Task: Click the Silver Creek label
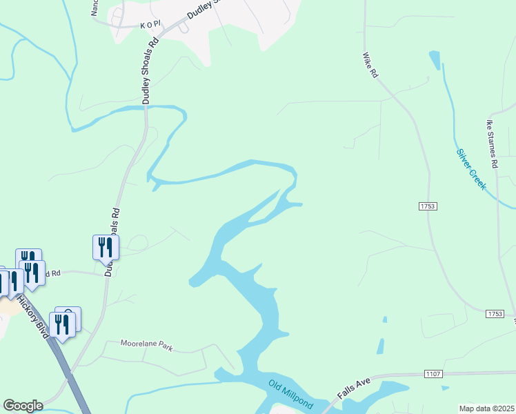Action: coord(471,170)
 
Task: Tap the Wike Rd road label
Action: coord(370,65)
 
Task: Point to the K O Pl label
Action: coord(150,24)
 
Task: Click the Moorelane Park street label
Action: coord(146,344)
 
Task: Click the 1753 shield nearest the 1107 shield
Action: coord(494,314)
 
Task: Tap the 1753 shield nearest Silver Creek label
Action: coord(427,206)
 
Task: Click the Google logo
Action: coord(23,406)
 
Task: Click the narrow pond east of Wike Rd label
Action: coord(434,59)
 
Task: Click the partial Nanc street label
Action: coord(95,7)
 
